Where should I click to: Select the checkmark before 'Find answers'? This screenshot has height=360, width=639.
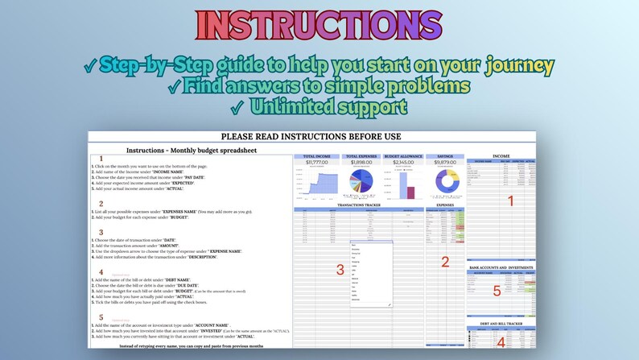pos(173,86)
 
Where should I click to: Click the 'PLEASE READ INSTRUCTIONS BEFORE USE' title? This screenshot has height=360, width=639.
pos(311,137)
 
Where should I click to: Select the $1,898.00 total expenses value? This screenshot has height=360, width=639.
pos(361,162)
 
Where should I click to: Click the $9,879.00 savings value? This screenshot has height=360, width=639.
pos(445,162)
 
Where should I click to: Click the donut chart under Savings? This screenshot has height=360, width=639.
pos(445,182)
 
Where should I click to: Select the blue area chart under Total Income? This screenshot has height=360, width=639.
pos(315,186)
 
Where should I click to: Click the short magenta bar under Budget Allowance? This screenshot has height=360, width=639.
pos(410,192)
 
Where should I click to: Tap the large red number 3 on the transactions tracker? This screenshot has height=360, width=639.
pos(340,268)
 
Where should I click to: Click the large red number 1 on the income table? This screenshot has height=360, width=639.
pos(509,201)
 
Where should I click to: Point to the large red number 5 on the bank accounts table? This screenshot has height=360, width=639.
pos(497,292)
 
